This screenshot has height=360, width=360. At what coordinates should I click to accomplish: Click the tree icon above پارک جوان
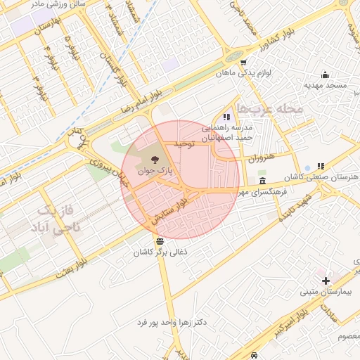coord(155,160)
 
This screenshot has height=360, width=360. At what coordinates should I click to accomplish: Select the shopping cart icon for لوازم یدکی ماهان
coord(243,61)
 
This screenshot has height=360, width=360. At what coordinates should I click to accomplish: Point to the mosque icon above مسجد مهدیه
coord(325,75)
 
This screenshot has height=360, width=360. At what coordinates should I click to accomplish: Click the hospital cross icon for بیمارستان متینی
coord(325,281)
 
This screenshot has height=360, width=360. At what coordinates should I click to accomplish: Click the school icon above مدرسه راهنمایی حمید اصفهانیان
coord(226,117)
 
